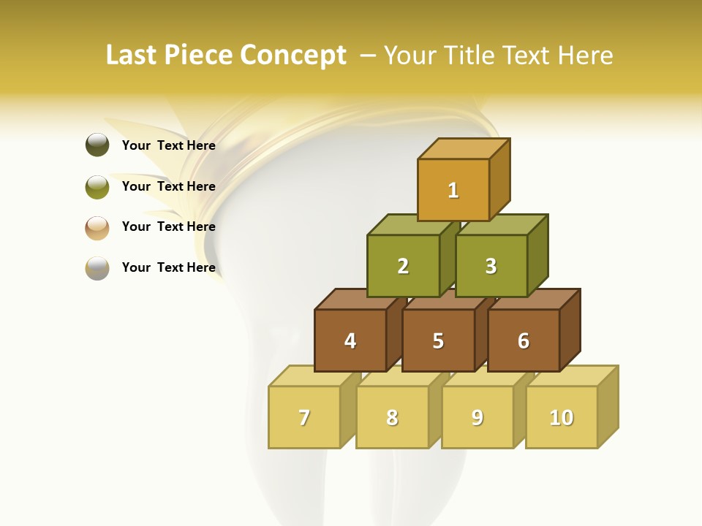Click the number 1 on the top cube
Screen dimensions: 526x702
coord(453,191)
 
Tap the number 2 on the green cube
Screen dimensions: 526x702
coord(403,267)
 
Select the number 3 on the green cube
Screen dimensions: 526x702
coord(491,267)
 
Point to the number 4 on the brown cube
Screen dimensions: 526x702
coord(350,341)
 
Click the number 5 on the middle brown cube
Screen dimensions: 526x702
coord(438,341)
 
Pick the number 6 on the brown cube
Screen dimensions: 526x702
coord(524,341)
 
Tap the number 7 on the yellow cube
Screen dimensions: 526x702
coord(304,418)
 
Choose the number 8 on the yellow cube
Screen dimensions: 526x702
coord(392,418)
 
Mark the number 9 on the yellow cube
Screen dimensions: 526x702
coord(478,418)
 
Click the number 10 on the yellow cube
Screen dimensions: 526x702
coord(562,418)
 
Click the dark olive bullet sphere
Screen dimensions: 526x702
coord(97,145)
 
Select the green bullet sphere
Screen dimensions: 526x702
coord(97,186)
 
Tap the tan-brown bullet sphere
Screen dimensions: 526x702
coord(97,227)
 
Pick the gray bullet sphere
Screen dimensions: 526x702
coord(97,268)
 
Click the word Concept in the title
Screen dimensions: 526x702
coord(293,56)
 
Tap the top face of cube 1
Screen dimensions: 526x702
coord(464,148)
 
